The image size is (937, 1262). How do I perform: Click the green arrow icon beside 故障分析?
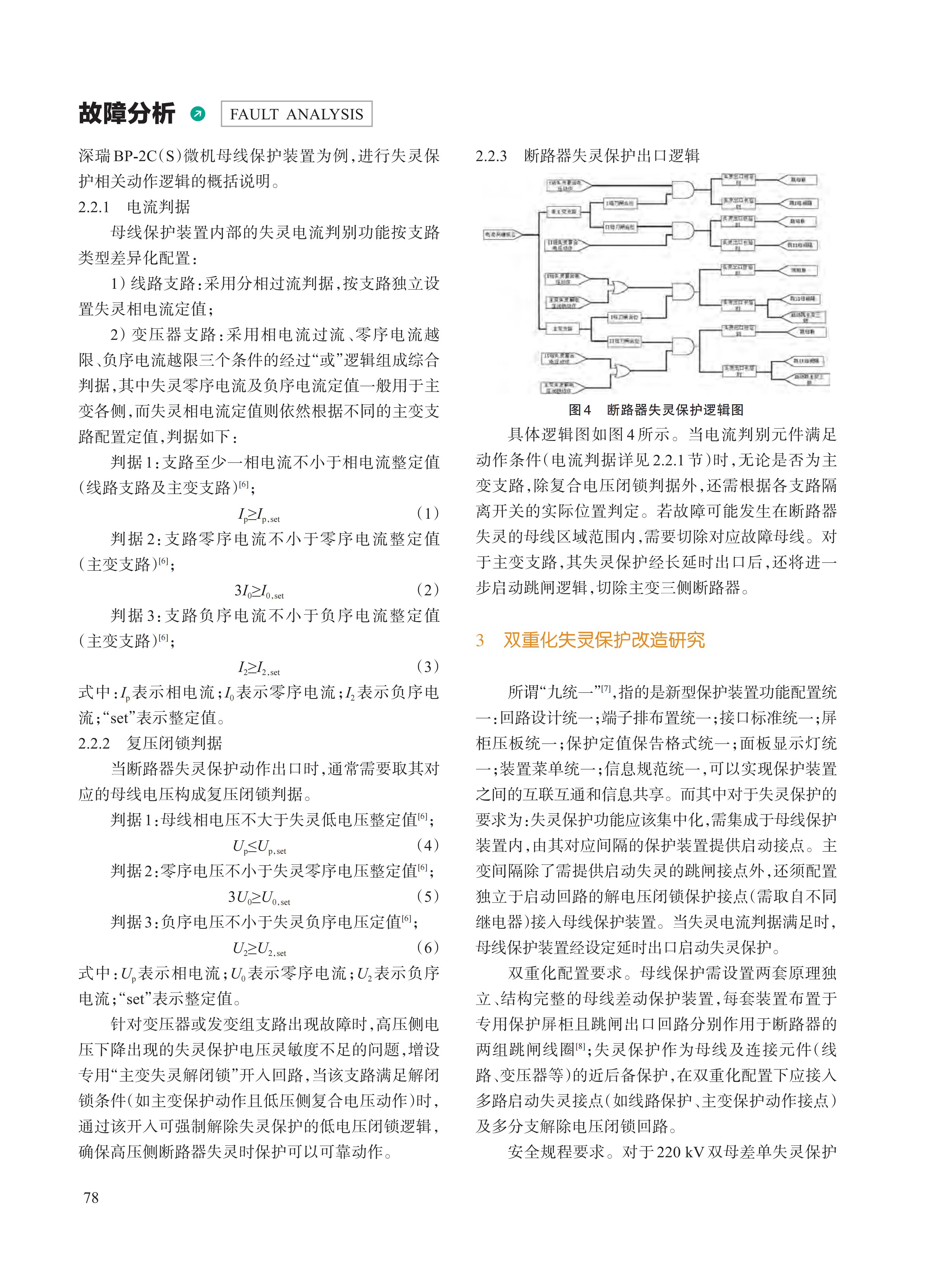198,114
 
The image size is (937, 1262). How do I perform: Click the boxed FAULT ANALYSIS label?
296,114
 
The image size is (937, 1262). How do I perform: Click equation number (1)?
428,513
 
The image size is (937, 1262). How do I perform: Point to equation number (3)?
428,666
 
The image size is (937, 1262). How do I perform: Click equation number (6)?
428,947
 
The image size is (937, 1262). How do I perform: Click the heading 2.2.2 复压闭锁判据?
150,743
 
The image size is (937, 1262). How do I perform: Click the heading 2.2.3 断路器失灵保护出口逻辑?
587,156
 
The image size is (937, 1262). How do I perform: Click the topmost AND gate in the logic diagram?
682,189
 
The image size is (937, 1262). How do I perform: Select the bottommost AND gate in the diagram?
682,345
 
